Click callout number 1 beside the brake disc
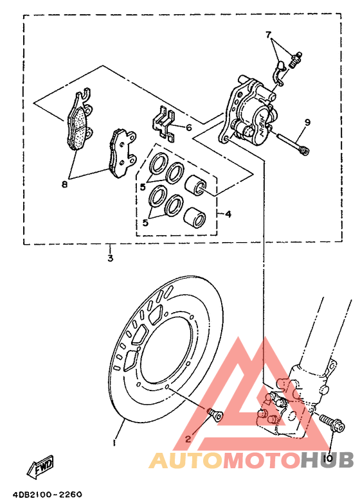(114, 443)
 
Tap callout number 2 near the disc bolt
(188, 439)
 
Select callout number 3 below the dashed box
(110, 258)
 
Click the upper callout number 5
(144, 187)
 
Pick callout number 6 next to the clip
(188, 128)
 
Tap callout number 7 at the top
(269, 34)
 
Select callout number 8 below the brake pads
(64, 184)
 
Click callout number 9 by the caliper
(307, 122)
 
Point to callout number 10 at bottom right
(328, 458)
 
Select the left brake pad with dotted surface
(78, 123)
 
